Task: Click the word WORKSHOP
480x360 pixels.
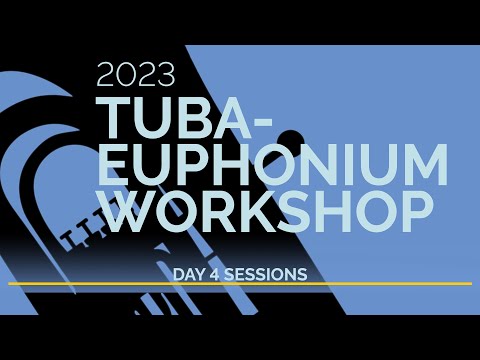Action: pyautogui.click(x=266, y=212)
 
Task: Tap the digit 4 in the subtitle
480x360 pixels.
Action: pyautogui.click(x=219, y=272)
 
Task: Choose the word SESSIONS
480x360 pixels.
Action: pyautogui.click(x=266, y=272)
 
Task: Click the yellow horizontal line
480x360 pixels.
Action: pyautogui.click(x=240, y=284)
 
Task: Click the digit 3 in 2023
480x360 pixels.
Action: pyautogui.click(x=165, y=75)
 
